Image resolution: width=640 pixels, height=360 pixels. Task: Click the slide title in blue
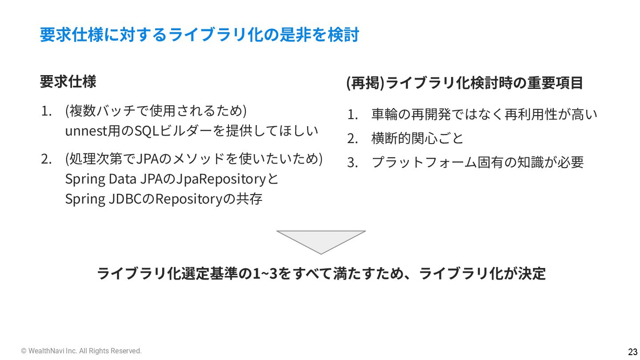point(199,35)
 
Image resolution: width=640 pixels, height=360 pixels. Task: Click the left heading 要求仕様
point(68,82)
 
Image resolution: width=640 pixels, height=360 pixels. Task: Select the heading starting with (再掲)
point(464,83)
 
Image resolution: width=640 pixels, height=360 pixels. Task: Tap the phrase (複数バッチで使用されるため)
point(156,110)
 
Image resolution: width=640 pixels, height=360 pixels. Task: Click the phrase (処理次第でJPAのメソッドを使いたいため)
point(194,158)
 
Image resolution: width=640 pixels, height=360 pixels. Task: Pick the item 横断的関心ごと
point(417,138)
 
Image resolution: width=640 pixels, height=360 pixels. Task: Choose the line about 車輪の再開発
point(484,115)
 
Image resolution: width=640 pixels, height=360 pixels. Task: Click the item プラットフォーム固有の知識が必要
point(477,162)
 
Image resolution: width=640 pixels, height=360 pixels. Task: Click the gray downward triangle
point(321,240)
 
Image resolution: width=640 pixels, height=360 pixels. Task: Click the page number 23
point(632,352)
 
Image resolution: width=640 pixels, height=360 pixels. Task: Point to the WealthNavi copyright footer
point(81,351)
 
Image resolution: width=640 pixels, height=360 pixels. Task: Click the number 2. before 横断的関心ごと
point(352,139)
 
